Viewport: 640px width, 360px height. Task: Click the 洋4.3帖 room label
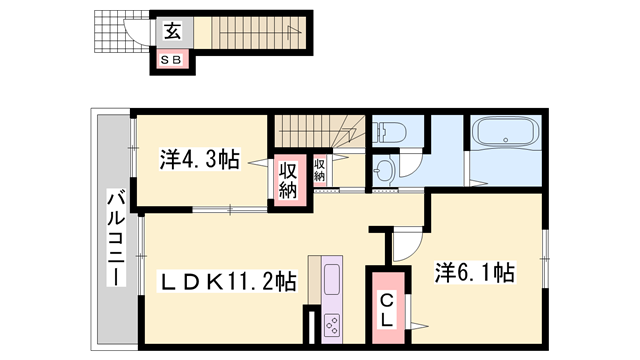[199, 159]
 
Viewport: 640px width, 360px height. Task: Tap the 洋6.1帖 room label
[474, 272]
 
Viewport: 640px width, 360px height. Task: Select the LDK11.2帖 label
[227, 281]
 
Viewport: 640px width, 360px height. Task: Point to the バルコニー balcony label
[116, 237]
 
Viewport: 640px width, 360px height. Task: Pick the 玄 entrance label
[172, 31]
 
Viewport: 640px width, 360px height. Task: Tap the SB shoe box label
[171, 60]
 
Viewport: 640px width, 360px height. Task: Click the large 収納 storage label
[288, 180]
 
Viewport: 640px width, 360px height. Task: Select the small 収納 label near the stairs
[319, 170]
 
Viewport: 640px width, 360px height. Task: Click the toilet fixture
[389, 131]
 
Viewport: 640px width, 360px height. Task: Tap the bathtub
[506, 132]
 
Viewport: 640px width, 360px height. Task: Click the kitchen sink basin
[331, 279]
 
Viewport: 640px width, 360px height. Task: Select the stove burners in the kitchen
[331, 323]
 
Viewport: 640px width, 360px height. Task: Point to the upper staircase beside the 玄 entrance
[258, 33]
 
